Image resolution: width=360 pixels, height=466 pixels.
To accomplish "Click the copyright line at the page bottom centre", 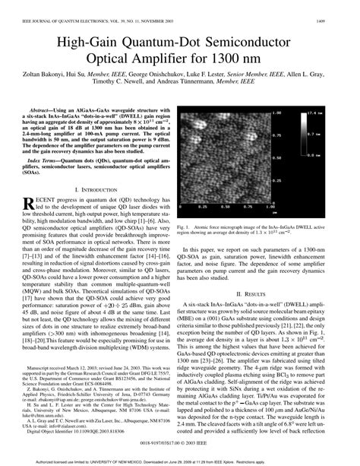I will coord(180,439).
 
